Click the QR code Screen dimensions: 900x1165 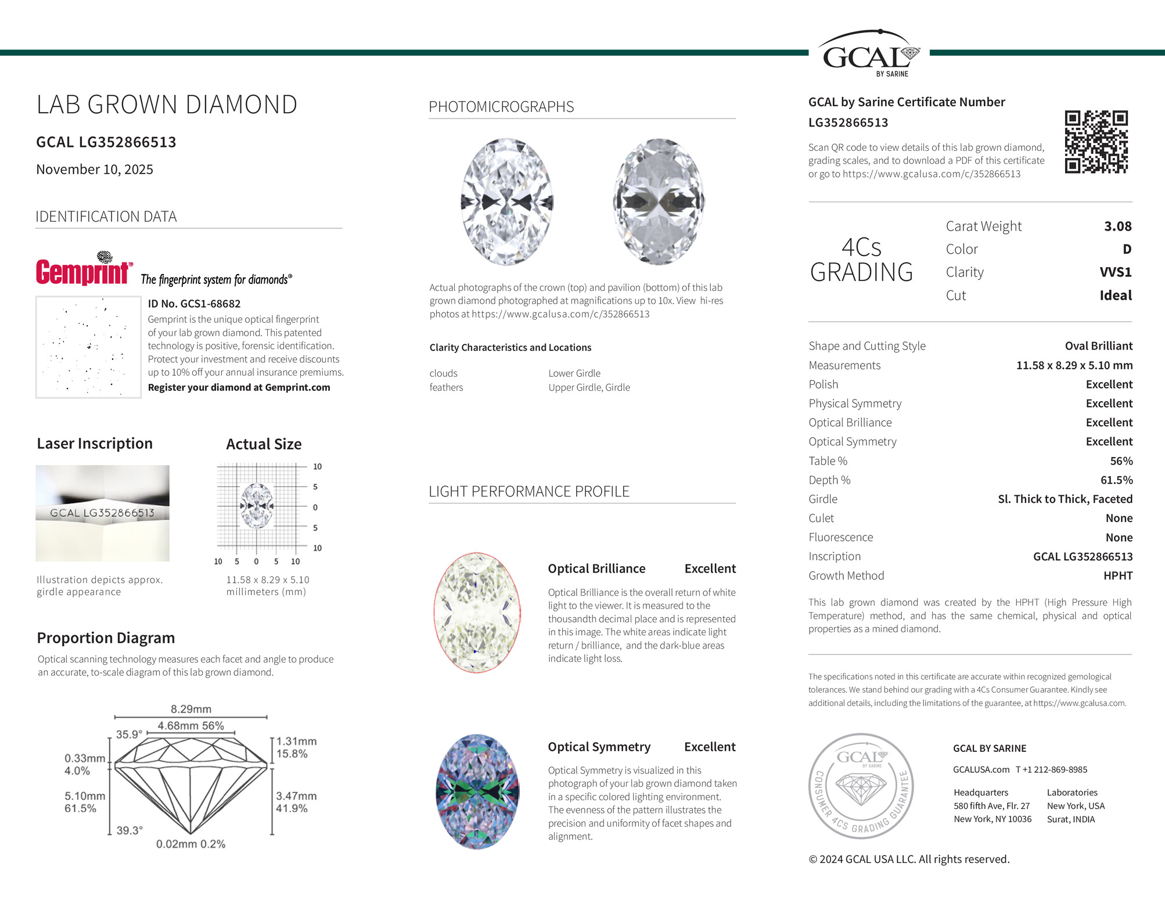click(1096, 142)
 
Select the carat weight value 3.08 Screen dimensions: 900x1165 click(1117, 226)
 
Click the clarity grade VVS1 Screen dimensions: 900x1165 click(1115, 272)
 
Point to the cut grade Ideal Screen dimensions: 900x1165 click(1115, 296)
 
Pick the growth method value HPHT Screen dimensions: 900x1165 click(1117, 576)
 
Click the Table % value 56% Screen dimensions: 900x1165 click(1121, 461)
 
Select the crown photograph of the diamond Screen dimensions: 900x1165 click(507, 201)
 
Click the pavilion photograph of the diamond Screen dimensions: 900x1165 click(659, 201)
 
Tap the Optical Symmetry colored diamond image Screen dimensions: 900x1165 click(477, 791)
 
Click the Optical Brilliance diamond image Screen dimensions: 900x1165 click(477, 613)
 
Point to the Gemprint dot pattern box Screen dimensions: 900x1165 click(88, 347)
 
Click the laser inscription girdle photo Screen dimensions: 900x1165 click(102, 513)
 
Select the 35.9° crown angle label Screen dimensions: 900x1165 click(129, 735)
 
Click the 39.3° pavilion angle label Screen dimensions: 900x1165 click(130, 830)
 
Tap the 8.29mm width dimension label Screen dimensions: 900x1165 click(191, 709)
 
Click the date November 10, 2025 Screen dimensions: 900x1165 click(95, 170)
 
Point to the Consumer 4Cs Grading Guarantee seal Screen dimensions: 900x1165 click(861, 786)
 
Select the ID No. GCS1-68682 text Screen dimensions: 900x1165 click(194, 304)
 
